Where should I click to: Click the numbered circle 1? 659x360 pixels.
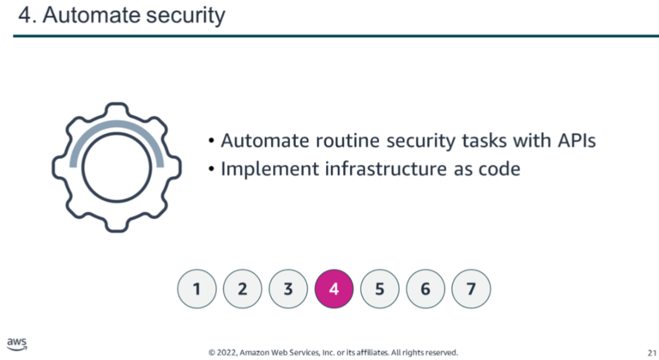[196, 289]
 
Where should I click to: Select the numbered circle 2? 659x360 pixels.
[242, 289]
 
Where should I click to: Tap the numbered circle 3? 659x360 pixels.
[288, 289]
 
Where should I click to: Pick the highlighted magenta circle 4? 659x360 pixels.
[334, 289]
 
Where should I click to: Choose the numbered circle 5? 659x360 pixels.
[380, 289]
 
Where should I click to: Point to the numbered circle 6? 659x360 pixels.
[425, 289]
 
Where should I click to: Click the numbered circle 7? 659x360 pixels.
[471, 289]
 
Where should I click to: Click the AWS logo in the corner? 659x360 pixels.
[17, 344]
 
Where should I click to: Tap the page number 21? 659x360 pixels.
[652, 353]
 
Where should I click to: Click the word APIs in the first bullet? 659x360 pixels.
[577, 141]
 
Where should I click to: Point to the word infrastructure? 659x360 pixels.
[386, 169]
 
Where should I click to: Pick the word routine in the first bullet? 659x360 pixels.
[349, 141]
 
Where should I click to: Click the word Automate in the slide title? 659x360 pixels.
[91, 15]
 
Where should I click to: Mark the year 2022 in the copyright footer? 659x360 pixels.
[227, 353]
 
